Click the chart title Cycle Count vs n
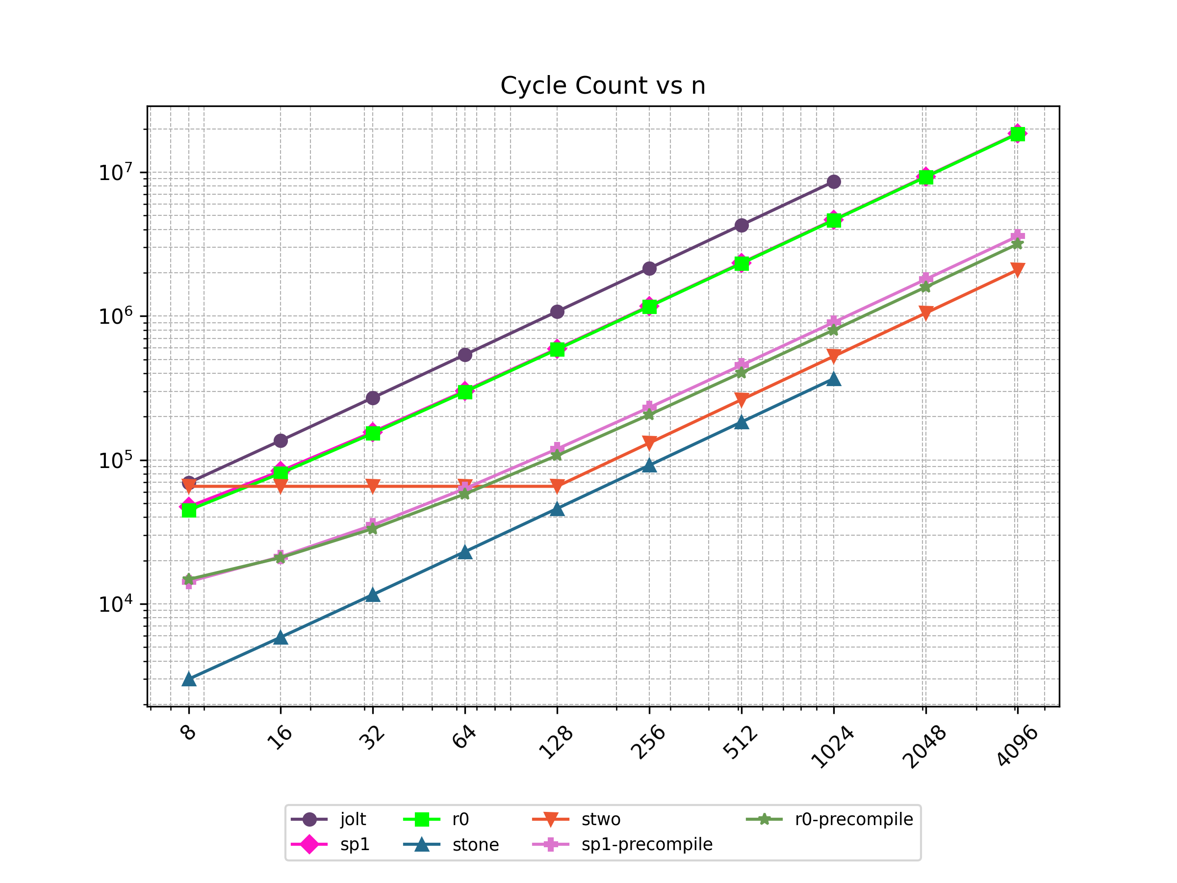(603, 86)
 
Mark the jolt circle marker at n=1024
(834, 182)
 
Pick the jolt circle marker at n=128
(557, 312)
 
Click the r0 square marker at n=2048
(926, 177)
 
